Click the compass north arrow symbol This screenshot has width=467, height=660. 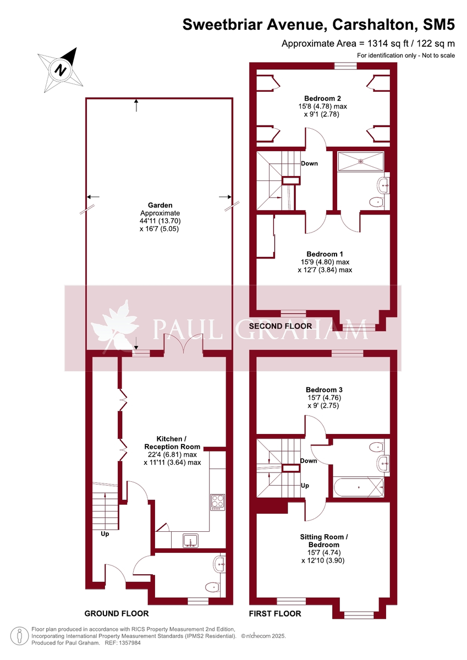(61, 70)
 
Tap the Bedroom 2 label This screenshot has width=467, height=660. (322, 98)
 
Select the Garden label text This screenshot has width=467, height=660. (160, 205)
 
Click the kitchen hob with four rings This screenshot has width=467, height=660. (217, 502)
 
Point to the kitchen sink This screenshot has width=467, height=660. (190, 540)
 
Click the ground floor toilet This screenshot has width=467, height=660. (213, 587)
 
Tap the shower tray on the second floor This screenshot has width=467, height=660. (361, 161)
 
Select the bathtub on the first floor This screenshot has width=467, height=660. (359, 487)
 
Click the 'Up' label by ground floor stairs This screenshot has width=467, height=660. (105, 533)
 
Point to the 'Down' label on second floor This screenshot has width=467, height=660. (309, 163)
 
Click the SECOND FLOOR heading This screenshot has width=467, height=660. (280, 326)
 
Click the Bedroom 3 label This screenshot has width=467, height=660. (324, 390)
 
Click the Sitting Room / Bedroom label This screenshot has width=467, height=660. (324, 541)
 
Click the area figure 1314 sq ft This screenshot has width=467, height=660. (388, 43)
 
